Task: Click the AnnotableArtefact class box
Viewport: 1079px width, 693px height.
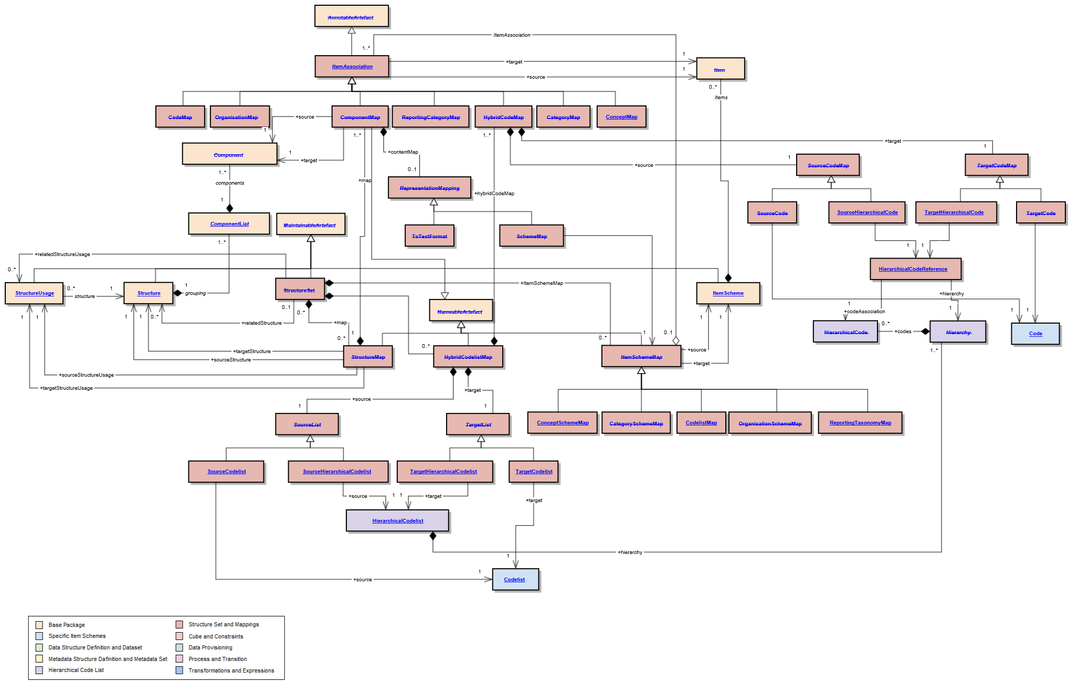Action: point(351,16)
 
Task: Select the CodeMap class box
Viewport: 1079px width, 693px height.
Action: point(180,116)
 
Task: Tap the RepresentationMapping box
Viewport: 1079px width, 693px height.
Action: point(429,188)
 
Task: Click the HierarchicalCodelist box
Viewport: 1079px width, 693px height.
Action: point(397,520)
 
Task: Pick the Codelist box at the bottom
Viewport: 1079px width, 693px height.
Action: point(515,579)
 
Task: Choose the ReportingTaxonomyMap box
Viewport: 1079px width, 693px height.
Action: point(860,423)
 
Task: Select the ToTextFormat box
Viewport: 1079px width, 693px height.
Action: point(429,236)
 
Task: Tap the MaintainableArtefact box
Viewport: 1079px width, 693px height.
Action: point(310,225)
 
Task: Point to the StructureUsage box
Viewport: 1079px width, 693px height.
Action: point(34,293)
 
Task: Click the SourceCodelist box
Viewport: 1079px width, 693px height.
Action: point(226,471)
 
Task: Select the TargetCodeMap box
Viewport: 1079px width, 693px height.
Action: point(996,165)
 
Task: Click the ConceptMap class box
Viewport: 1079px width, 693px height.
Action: point(621,117)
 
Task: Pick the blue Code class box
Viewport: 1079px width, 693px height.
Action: point(1035,334)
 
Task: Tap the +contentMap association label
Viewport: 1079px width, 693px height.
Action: point(403,152)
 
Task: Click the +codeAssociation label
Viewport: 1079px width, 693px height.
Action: point(864,312)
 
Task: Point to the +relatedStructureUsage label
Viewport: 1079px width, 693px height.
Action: point(62,254)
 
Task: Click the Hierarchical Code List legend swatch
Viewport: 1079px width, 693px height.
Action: point(39,670)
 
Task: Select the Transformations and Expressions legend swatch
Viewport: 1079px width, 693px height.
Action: point(179,670)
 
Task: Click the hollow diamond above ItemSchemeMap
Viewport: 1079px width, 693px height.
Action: point(675,340)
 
